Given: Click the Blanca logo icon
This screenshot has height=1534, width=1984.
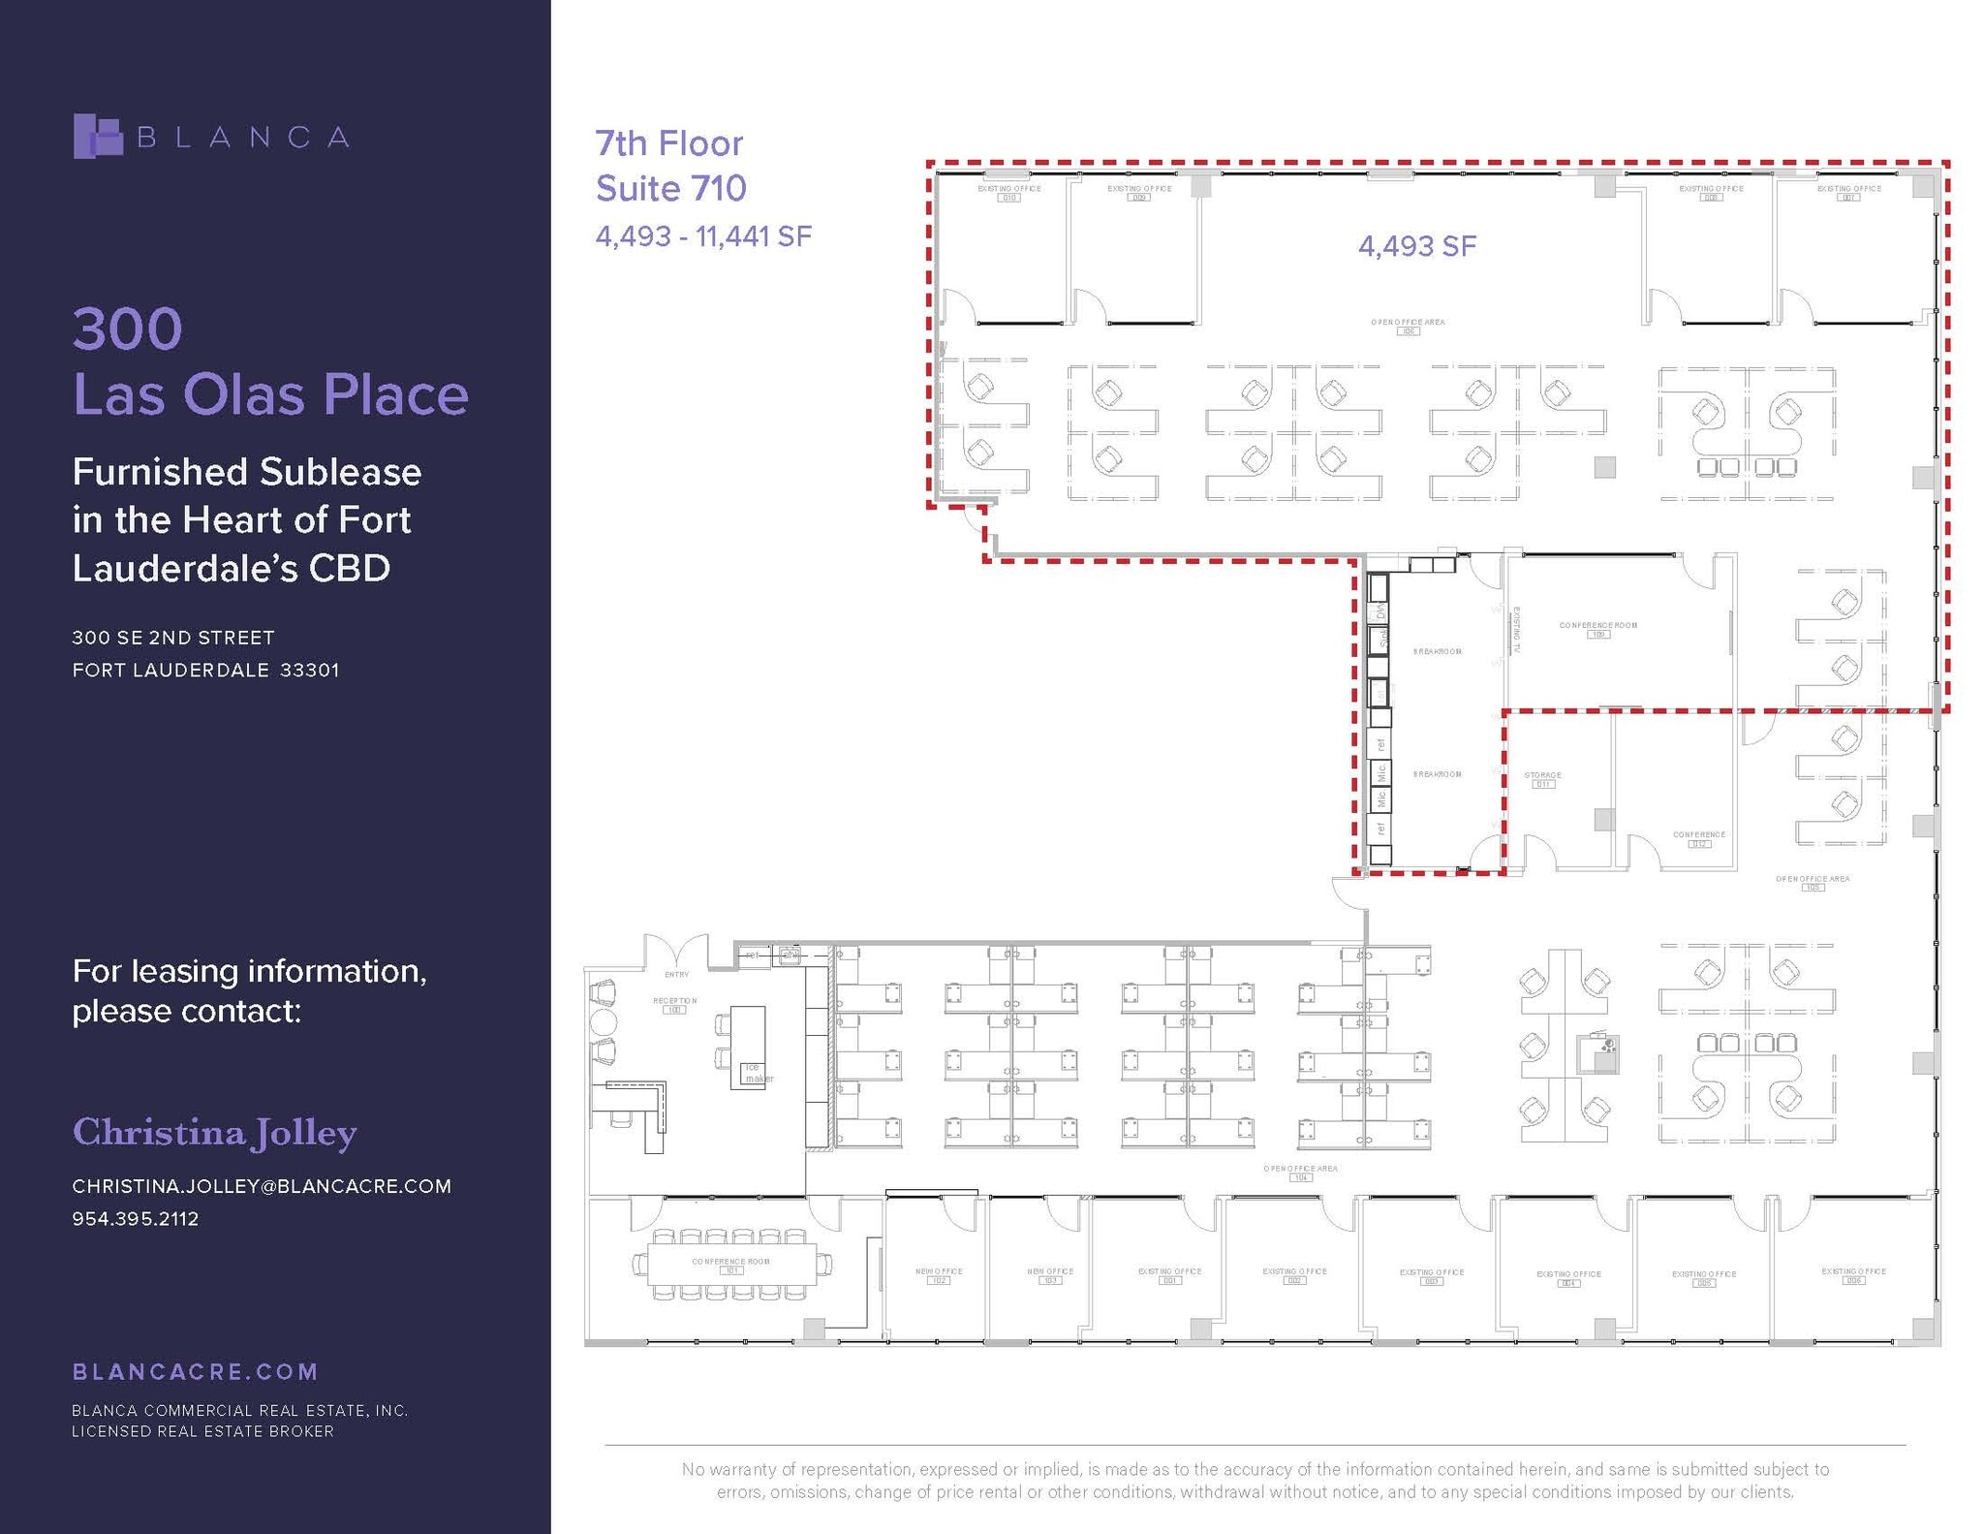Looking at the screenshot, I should pos(98,136).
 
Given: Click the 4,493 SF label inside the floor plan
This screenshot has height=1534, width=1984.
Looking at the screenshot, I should pos(1416,246).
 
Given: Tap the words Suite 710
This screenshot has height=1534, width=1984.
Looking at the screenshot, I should pos(670,188).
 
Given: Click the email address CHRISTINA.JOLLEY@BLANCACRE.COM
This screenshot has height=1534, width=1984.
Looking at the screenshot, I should pos(262,1186).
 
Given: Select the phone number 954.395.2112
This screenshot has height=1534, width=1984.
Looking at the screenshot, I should pos(136,1219).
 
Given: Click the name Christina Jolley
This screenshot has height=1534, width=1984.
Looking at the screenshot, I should pos(215,1132).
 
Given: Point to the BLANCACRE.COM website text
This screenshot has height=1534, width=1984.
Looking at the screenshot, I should pos(195,1371).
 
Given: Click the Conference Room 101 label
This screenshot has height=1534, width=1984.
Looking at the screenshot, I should pos(730,1266).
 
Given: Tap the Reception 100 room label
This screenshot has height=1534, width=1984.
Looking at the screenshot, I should pos(674,1005).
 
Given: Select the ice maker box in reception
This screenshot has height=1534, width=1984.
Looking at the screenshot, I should pos(755,1074).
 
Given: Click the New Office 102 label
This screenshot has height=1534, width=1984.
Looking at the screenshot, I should pos(938,1275).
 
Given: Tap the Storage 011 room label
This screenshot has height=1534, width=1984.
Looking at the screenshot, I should pos(1542,779).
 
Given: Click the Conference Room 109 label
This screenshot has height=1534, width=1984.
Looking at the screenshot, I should pos(1597,629).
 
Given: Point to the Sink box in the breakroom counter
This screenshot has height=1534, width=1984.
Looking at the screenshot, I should pos(1379,639).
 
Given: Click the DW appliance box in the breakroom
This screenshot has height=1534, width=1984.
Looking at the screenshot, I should pos(1379,611).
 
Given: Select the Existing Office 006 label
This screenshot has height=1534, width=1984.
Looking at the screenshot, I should pos(1852,1275).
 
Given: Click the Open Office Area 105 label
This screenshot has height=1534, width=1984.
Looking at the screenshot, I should pos(1812,883).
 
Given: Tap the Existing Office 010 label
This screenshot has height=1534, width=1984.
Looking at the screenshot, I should pos(1008,193).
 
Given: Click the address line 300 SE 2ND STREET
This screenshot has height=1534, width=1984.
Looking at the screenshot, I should pos(173,638).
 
